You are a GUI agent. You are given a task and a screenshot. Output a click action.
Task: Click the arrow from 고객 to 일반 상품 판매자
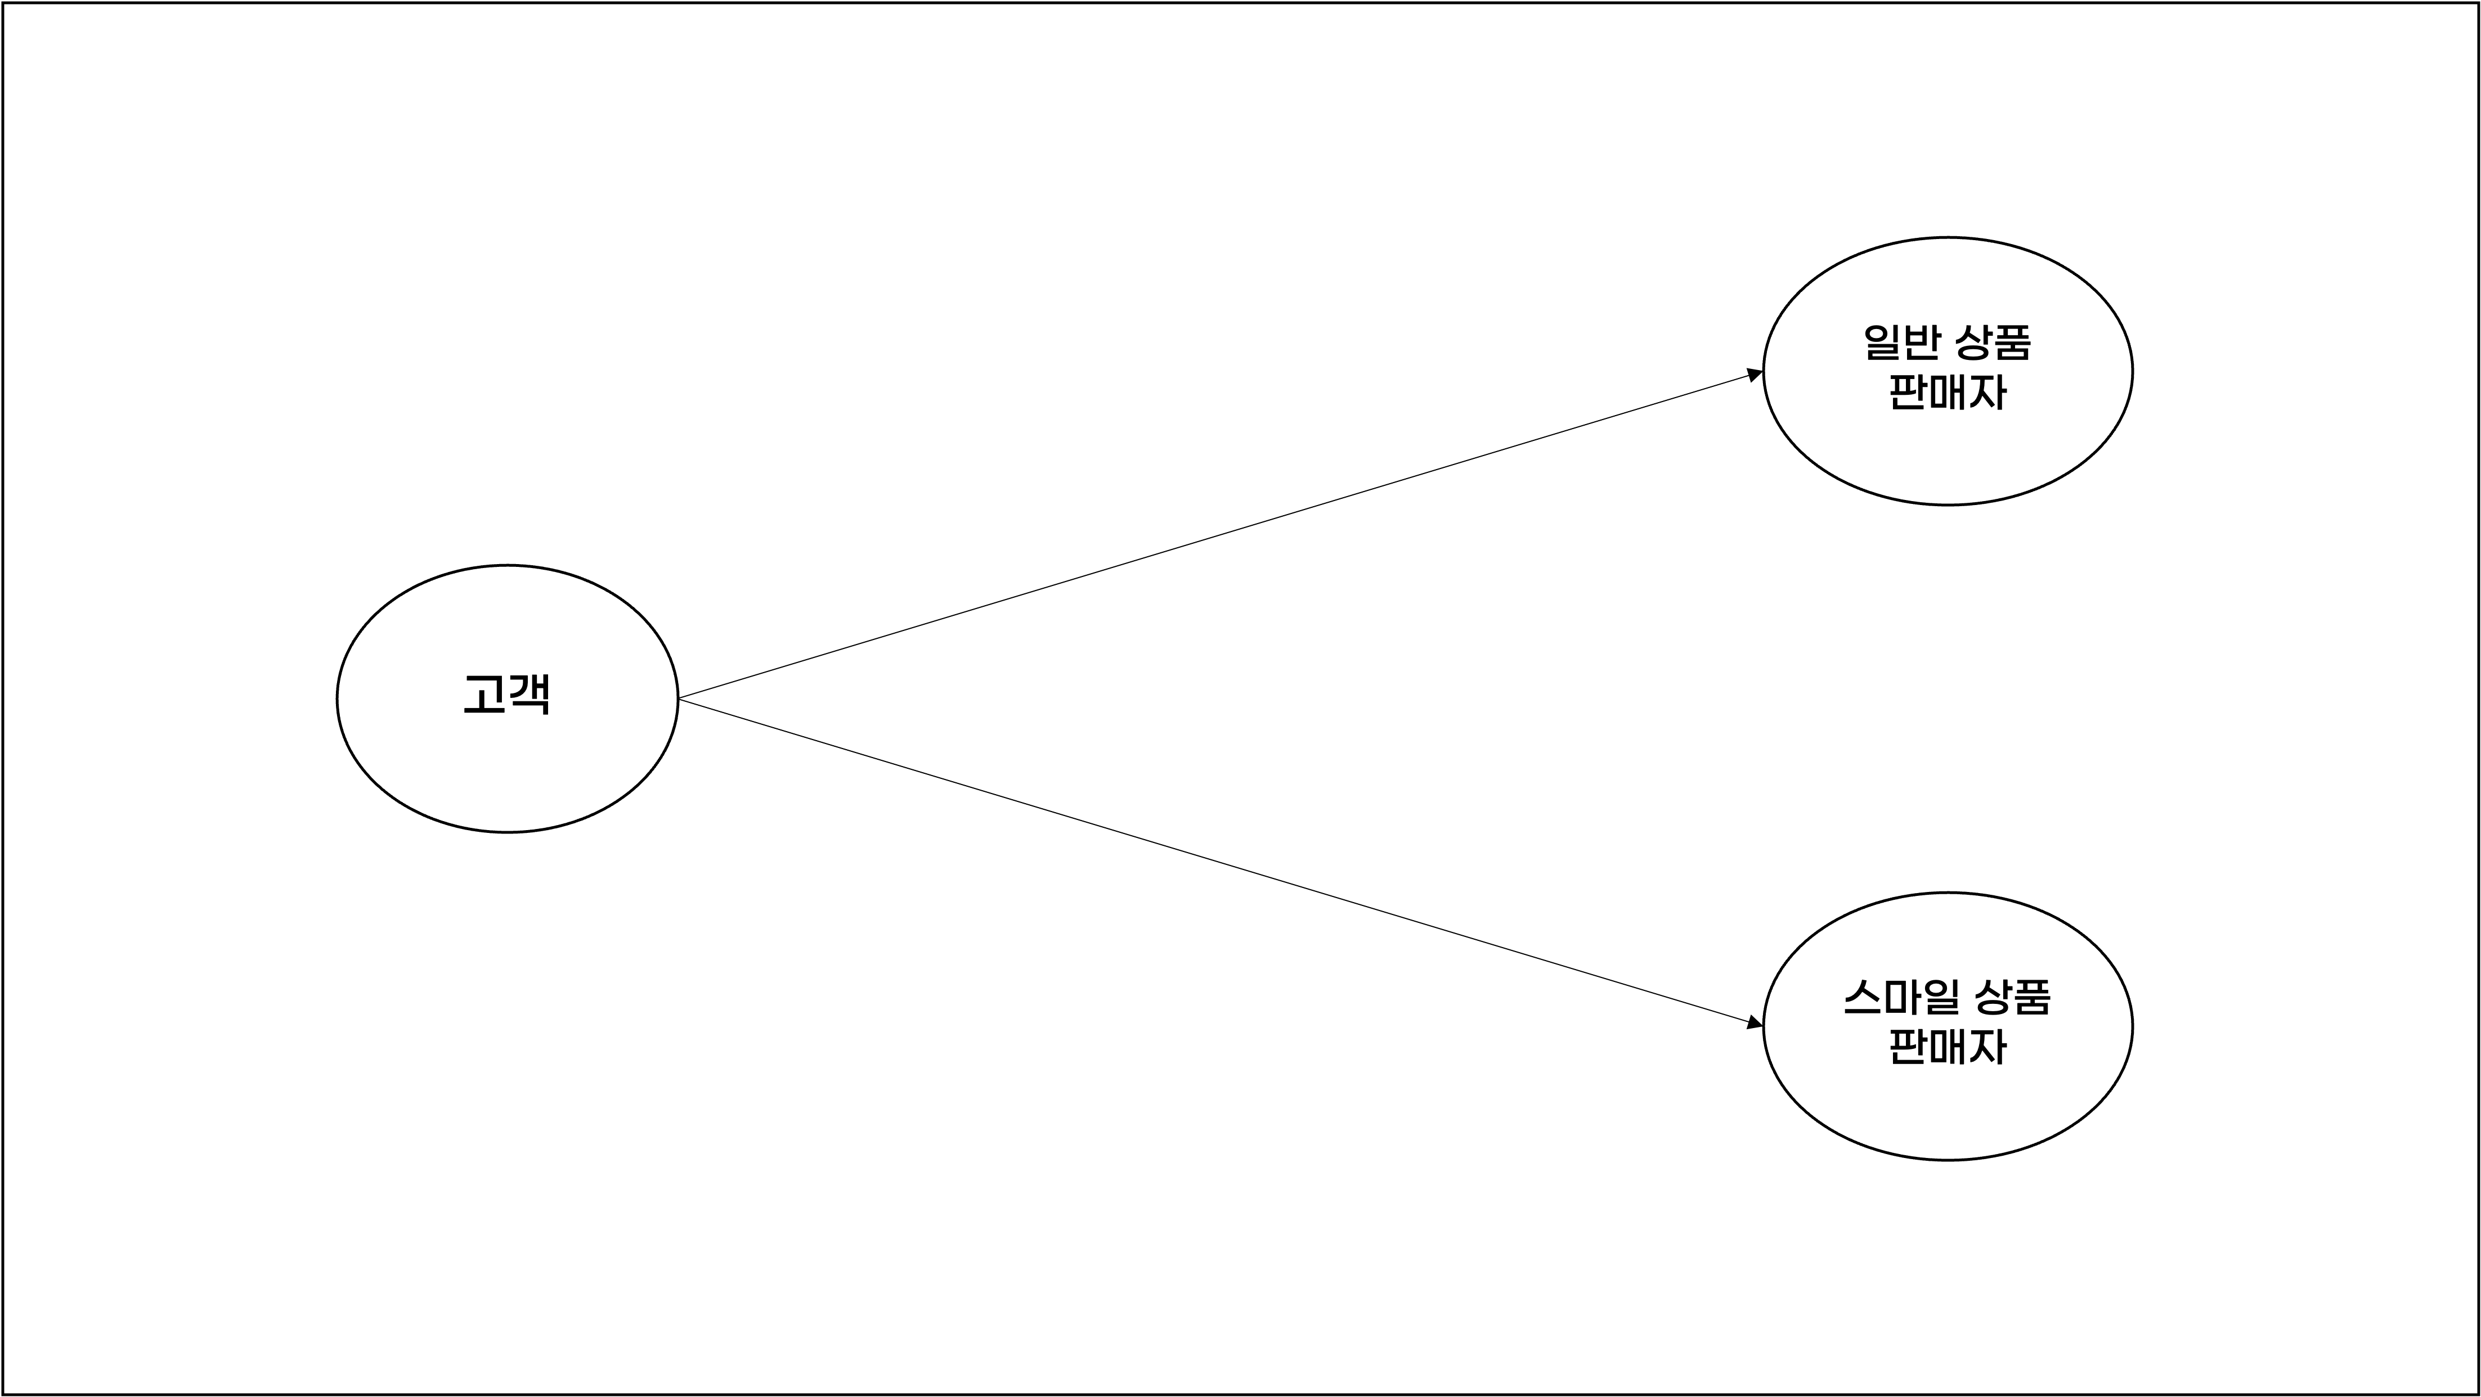(x=1214, y=535)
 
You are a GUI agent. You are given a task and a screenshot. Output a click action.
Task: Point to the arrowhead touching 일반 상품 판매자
(x=1754, y=375)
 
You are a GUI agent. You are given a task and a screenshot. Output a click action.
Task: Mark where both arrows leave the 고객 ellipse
(x=679, y=698)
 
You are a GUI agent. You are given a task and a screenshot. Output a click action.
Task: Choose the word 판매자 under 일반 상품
(x=1948, y=392)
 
